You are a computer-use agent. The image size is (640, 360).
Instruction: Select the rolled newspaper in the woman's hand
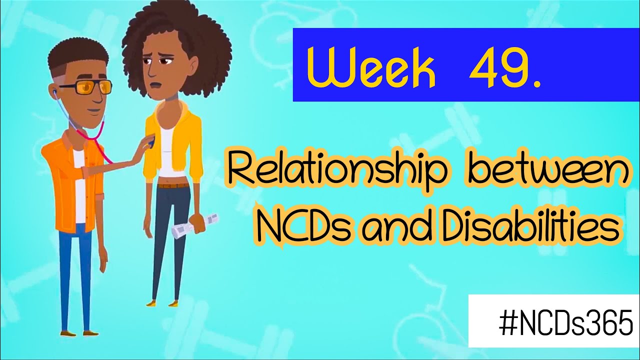[195, 226]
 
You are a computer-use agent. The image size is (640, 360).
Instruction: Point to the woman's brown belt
[173, 186]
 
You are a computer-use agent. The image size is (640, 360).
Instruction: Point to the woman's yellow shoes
[162, 302]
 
